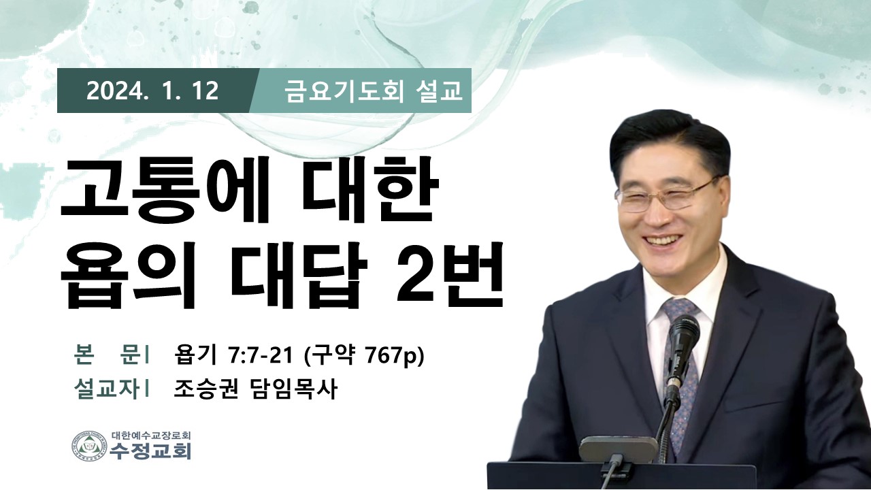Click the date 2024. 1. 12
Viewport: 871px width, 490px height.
pos(152,91)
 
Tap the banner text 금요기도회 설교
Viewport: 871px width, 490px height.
pos(374,91)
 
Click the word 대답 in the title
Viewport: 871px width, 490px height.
pos(299,275)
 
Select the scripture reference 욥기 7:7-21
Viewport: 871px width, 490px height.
pos(233,356)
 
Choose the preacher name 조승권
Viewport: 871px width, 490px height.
pos(206,389)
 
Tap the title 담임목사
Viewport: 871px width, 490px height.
pos(292,389)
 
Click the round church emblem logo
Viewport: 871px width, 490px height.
pos(89,446)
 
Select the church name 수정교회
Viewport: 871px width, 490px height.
pos(151,451)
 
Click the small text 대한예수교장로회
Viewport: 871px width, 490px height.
pos(151,435)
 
